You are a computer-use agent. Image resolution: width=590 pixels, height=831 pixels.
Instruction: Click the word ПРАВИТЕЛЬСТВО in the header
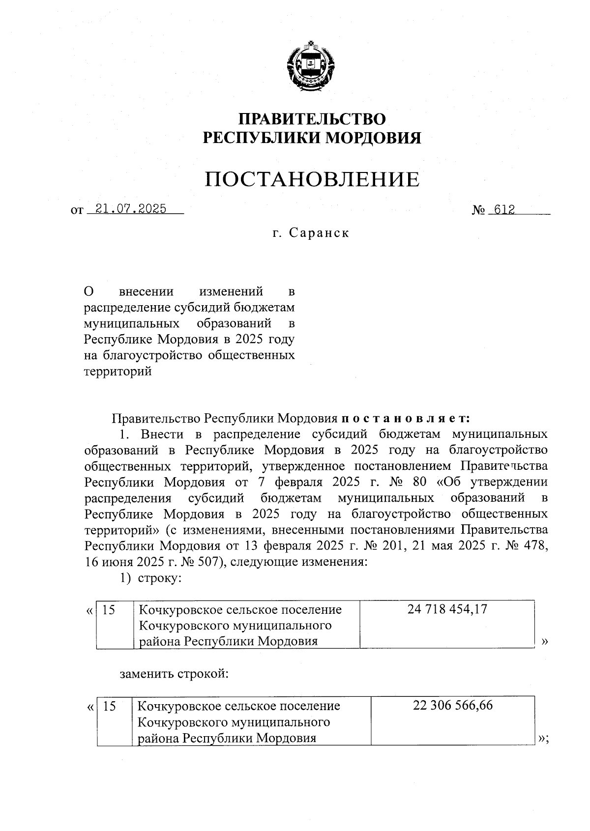[x=312, y=119]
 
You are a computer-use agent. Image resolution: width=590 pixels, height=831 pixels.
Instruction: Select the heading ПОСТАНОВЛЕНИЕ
[x=312, y=179]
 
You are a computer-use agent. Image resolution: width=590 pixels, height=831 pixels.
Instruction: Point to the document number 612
[x=504, y=210]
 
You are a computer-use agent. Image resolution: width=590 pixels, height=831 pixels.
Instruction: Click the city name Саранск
[x=319, y=233]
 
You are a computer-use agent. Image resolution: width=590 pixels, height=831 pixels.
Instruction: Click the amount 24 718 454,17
[x=447, y=609]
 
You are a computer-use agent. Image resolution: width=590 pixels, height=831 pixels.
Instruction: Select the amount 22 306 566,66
[x=453, y=705]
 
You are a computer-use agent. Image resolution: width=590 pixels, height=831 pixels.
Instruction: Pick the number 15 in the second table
[x=110, y=706]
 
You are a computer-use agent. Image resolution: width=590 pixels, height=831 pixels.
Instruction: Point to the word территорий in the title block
[x=118, y=372]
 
